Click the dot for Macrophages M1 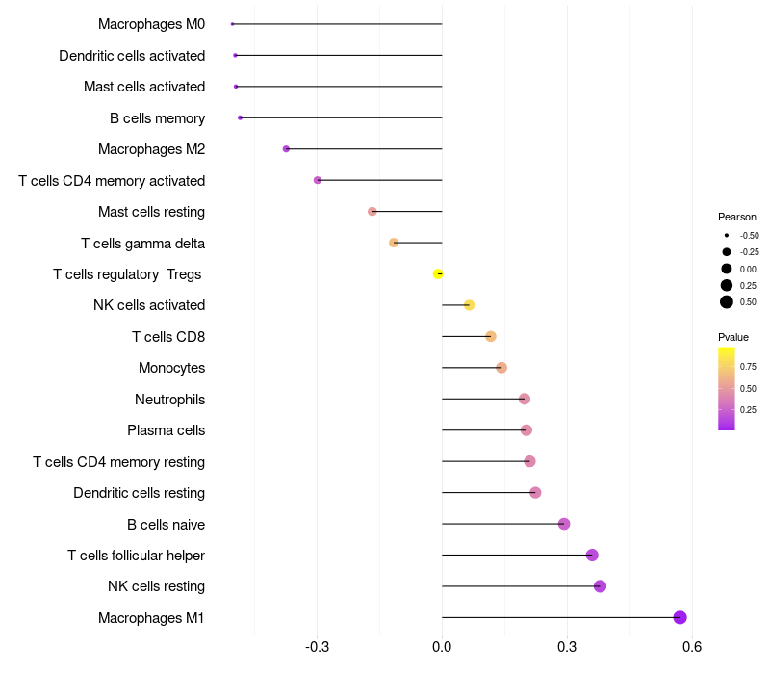680,617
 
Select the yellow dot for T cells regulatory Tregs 438,273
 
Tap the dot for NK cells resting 600,586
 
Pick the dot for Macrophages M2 286,149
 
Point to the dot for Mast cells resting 372,211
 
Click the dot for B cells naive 564,524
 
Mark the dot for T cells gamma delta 394,243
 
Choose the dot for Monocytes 500,368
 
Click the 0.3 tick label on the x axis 567,647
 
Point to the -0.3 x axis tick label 317,647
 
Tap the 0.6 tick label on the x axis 692,647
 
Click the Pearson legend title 736,217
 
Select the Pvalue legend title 733,337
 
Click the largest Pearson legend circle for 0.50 727,302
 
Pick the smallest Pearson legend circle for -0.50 727,236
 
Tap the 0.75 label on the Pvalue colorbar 748,367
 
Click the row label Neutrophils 170,400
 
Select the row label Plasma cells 166,430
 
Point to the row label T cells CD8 168,337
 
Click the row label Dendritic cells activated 132,56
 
